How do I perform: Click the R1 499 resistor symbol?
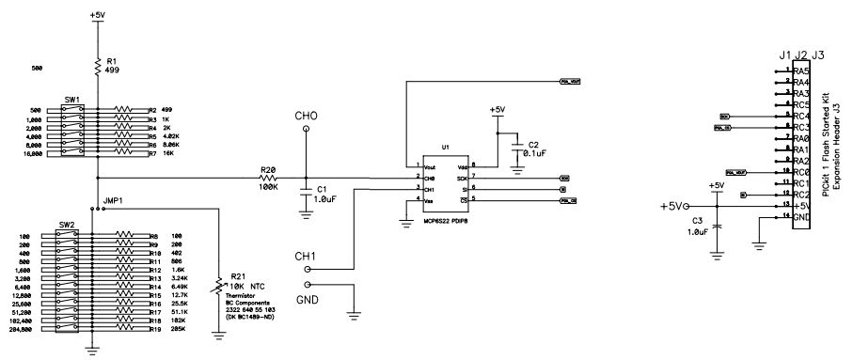[x=98, y=66]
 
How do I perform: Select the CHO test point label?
[x=306, y=117]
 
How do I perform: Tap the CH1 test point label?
[x=306, y=255]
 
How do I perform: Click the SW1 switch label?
[x=70, y=99]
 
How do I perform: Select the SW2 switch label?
[x=66, y=226]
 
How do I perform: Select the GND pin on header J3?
[x=801, y=217]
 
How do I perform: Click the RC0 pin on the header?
[x=801, y=172]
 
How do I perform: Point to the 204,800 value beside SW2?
[x=31, y=330]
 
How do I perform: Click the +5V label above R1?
[x=98, y=16]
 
